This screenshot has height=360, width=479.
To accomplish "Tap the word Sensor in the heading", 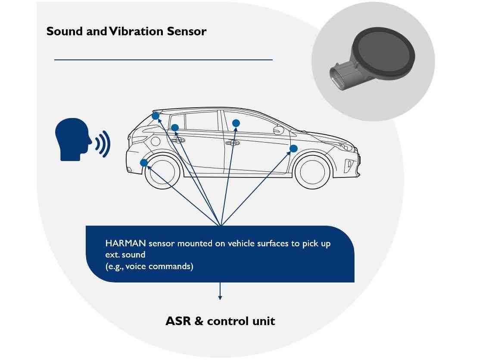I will (x=189, y=31).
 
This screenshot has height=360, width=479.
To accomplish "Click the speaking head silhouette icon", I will (x=73, y=139).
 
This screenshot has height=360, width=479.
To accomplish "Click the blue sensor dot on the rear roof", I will (x=156, y=116).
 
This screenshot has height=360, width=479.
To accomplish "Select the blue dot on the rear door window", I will (x=175, y=127).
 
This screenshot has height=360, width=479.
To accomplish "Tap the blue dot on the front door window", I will (x=236, y=124).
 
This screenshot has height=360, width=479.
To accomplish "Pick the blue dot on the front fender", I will (x=293, y=149).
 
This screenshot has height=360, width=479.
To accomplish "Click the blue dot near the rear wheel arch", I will (x=144, y=163).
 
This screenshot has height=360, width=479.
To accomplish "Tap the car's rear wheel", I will (x=163, y=172).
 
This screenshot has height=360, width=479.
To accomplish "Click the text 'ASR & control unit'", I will (x=220, y=321).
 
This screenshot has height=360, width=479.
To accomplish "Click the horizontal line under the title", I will (x=163, y=60).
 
